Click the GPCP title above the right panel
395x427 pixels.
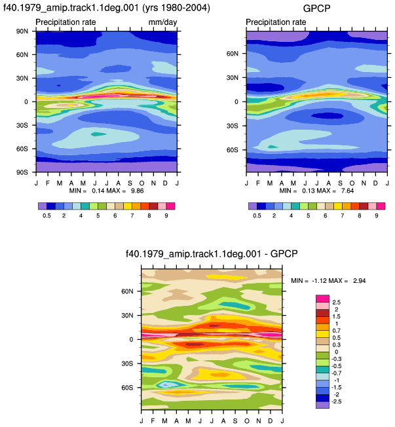(x=316, y=9)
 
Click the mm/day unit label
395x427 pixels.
(x=162, y=22)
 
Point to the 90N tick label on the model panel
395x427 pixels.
(x=22, y=31)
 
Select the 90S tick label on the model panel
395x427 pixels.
(x=22, y=172)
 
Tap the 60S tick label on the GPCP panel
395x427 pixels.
(x=232, y=150)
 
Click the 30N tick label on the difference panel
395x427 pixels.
(x=127, y=316)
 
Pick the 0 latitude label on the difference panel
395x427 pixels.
(x=131, y=340)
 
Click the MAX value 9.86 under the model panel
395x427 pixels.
(x=138, y=191)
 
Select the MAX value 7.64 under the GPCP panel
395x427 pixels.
(x=348, y=191)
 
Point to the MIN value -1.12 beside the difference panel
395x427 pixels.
(x=319, y=281)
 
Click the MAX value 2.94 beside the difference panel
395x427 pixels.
(x=360, y=281)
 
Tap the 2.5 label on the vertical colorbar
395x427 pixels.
(x=337, y=303)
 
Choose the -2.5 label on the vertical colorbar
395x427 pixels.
(x=337, y=401)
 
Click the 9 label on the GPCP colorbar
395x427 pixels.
(x=377, y=215)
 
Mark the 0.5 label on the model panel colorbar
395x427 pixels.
(x=47, y=215)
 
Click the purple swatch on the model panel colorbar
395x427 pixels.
(x=43, y=206)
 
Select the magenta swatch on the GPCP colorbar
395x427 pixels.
(x=381, y=206)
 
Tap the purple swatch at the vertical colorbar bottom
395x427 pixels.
(x=322, y=405)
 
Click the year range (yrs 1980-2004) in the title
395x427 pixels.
(x=176, y=8)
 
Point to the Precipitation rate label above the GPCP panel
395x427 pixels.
(x=276, y=22)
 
